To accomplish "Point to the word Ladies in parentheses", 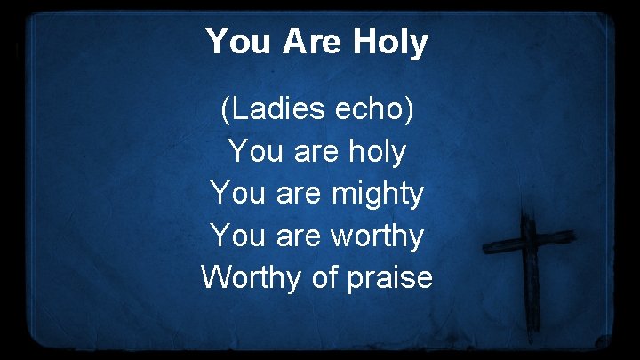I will pyautogui.click(x=271, y=110).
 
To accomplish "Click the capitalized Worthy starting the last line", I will pyautogui.click(x=252, y=277).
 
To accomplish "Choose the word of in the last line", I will pyautogui.click(x=322, y=277).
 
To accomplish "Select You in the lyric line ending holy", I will pyautogui.click(x=253, y=152).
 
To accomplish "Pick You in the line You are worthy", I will pyautogui.click(x=234, y=236).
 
